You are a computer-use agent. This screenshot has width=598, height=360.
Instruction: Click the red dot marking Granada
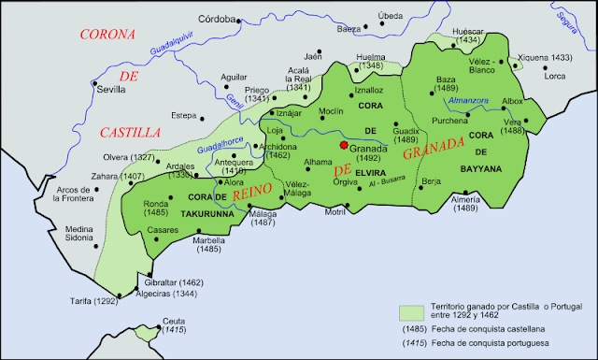pos(344,146)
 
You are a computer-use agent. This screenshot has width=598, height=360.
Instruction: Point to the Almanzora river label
pos(469,100)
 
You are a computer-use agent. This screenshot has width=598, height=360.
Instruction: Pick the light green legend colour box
pos(409,310)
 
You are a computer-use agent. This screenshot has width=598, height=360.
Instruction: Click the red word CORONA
pos(108,35)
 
